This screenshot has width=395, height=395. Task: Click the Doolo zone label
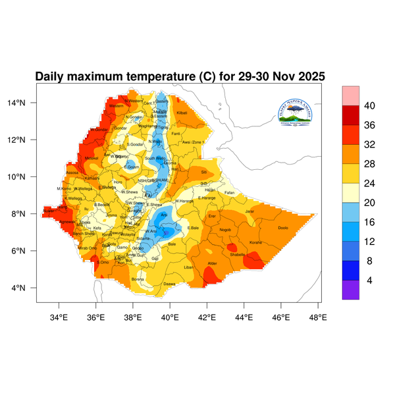(x=284, y=228)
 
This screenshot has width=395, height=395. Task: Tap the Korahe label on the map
(x=256, y=243)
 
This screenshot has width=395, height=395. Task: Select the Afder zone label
(x=212, y=263)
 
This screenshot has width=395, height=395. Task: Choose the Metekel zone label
(x=92, y=159)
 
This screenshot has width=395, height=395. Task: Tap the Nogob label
(x=226, y=230)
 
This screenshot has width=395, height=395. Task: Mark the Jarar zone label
(x=249, y=211)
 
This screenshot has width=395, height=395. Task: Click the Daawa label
(x=169, y=284)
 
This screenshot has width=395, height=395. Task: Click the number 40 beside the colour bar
(x=370, y=106)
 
